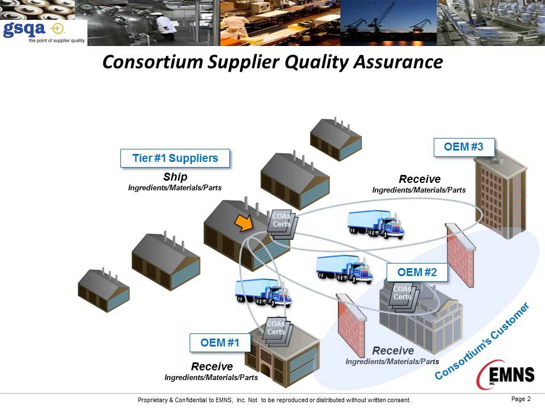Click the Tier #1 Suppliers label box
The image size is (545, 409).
pos(175,158)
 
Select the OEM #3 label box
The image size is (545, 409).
pos(463,147)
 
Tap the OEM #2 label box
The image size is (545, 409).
pos(417,273)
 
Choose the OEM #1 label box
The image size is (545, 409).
pos(219,343)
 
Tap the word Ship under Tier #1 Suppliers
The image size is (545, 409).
pos(175,177)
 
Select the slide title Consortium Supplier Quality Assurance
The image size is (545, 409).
pos(272,62)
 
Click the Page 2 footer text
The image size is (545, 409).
pos(521,399)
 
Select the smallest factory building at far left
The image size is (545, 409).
pos(102,290)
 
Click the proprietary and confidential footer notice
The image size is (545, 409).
pos(274,400)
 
